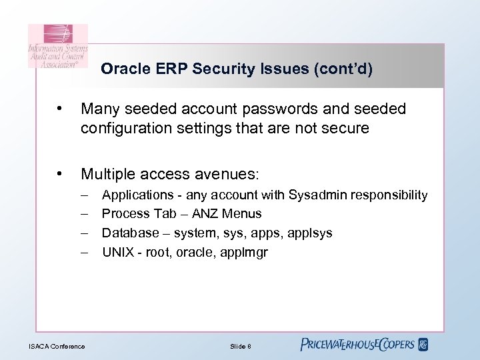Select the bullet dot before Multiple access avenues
61,174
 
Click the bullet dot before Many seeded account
61,109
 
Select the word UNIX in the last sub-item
117,253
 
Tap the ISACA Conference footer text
57,346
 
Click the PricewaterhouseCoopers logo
364,344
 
